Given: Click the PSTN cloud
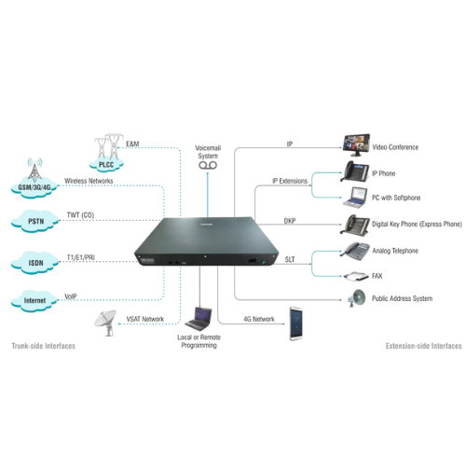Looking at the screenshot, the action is (34, 221).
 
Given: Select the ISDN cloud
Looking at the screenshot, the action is (34, 263).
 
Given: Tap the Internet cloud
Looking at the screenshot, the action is (34, 300).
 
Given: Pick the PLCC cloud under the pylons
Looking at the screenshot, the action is (106, 164).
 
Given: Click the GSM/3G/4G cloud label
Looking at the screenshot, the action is (34, 187).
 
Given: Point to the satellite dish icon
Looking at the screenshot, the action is (106, 322).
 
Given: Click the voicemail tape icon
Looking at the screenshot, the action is (208, 165).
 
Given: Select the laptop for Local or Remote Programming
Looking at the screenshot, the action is (199, 319).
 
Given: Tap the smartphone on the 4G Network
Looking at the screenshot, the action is (296, 323).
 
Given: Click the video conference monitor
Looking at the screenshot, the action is (356, 145).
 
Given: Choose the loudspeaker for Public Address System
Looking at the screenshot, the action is (356, 298).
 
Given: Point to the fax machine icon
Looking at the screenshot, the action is (356, 276).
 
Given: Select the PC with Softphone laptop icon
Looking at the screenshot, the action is (355, 198).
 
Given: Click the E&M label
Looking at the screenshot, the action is (132, 144).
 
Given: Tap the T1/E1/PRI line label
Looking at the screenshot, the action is (81, 257).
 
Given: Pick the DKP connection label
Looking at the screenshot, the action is (290, 221).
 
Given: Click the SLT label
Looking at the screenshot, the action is (290, 259).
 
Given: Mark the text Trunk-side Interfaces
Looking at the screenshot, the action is (44, 346).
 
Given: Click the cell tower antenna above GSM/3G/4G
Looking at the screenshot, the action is (34, 170).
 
